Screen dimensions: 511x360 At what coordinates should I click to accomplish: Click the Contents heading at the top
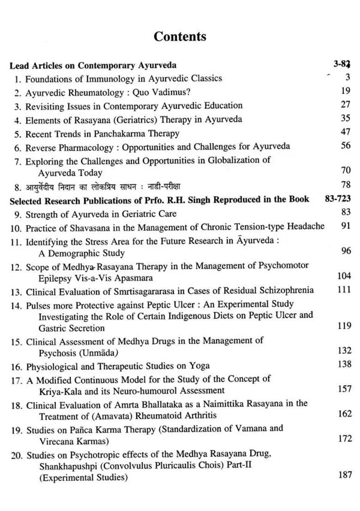pyautogui.click(x=180, y=36)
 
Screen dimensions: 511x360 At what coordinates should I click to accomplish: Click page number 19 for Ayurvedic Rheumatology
pyautogui.click(x=346, y=91)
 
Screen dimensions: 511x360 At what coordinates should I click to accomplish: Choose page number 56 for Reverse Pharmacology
pyautogui.click(x=346, y=145)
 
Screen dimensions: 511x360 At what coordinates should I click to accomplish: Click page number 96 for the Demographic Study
pyautogui.click(x=346, y=251)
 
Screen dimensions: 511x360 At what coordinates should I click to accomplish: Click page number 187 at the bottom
pyautogui.click(x=344, y=475)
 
